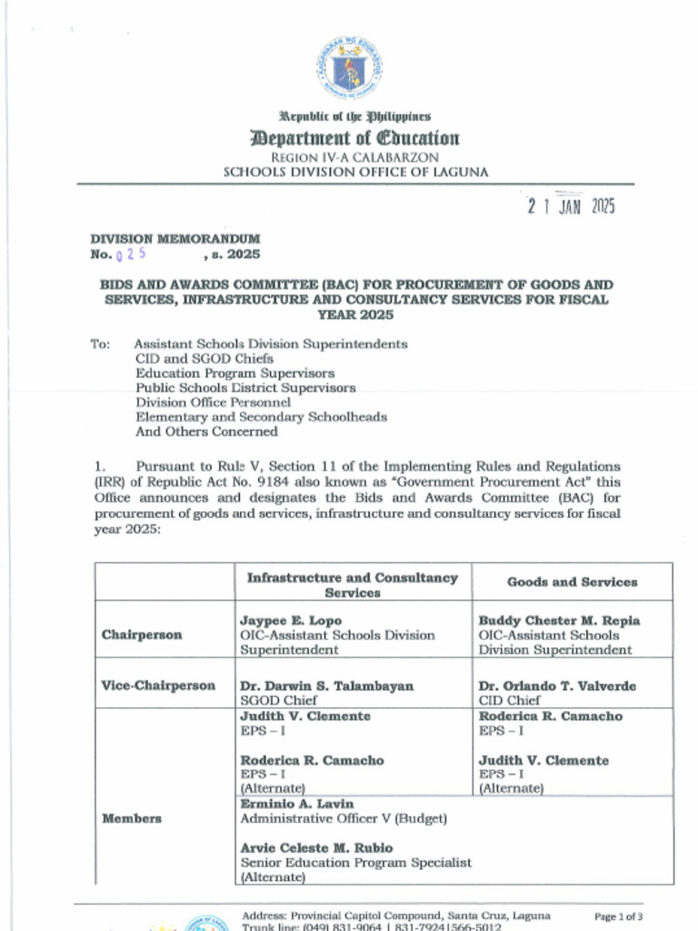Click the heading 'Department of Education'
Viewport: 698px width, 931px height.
[355, 138]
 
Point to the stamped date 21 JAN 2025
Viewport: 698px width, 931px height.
[571, 206]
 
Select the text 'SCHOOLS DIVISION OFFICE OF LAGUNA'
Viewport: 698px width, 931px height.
[355, 172]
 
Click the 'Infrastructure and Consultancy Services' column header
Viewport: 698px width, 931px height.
[353, 585]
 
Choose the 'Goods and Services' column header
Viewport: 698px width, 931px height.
[572, 582]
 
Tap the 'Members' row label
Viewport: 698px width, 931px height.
[132, 818]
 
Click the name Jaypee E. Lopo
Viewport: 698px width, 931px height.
[291, 620]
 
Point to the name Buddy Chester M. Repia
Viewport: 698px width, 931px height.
[559, 620]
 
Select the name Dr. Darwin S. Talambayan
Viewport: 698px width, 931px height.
[326, 686]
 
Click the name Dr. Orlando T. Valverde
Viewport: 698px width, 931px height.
[557, 686]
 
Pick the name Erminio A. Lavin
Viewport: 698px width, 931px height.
[297, 804]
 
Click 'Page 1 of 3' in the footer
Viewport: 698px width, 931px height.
[618, 916]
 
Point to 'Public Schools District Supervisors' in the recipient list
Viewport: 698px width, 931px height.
[245, 387]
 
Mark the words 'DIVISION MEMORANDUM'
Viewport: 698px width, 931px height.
[174, 239]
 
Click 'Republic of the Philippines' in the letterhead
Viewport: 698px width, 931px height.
[355, 116]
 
